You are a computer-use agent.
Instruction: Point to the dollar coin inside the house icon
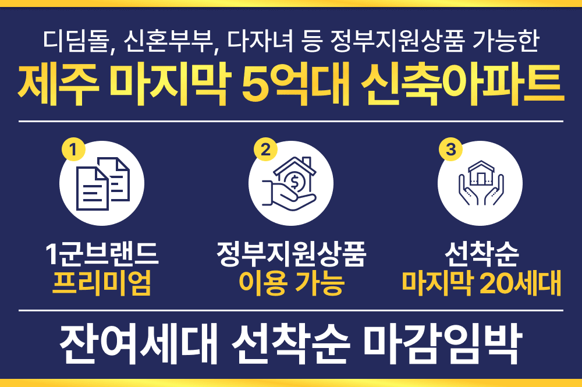[x=294, y=182]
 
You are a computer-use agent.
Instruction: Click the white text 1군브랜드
[x=101, y=255]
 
